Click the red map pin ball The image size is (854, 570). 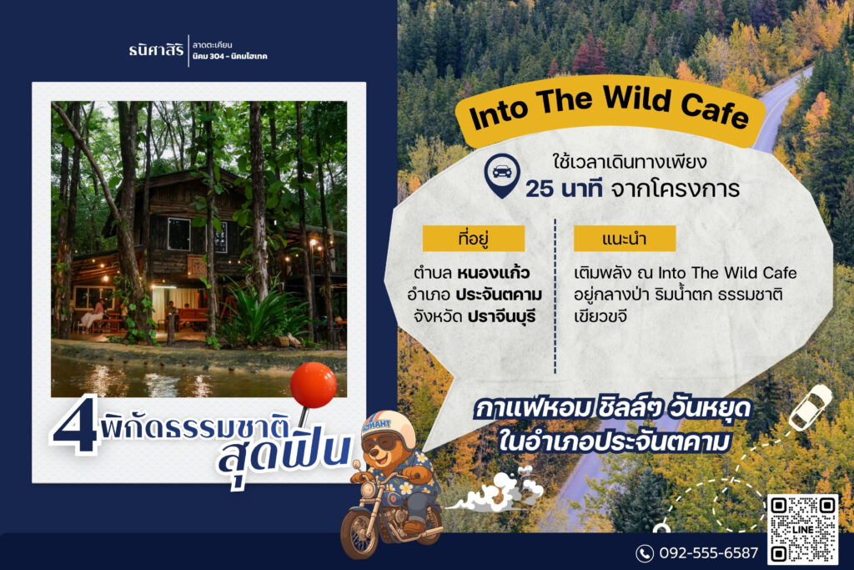[314, 385]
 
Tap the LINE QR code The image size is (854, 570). [802, 528]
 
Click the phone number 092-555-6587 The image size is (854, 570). [708, 552]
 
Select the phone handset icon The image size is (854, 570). [645, 553]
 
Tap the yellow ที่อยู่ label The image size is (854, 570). [474, 239]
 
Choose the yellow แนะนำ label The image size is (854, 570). [624, 239]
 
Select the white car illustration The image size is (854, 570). [811, 406]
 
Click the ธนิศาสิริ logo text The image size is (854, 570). [156, 51]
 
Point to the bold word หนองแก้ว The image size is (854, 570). [494, 272]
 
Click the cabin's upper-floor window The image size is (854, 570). [178, 235]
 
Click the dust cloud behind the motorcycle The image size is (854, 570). [499, 492]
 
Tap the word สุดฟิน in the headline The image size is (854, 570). [284, 453]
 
